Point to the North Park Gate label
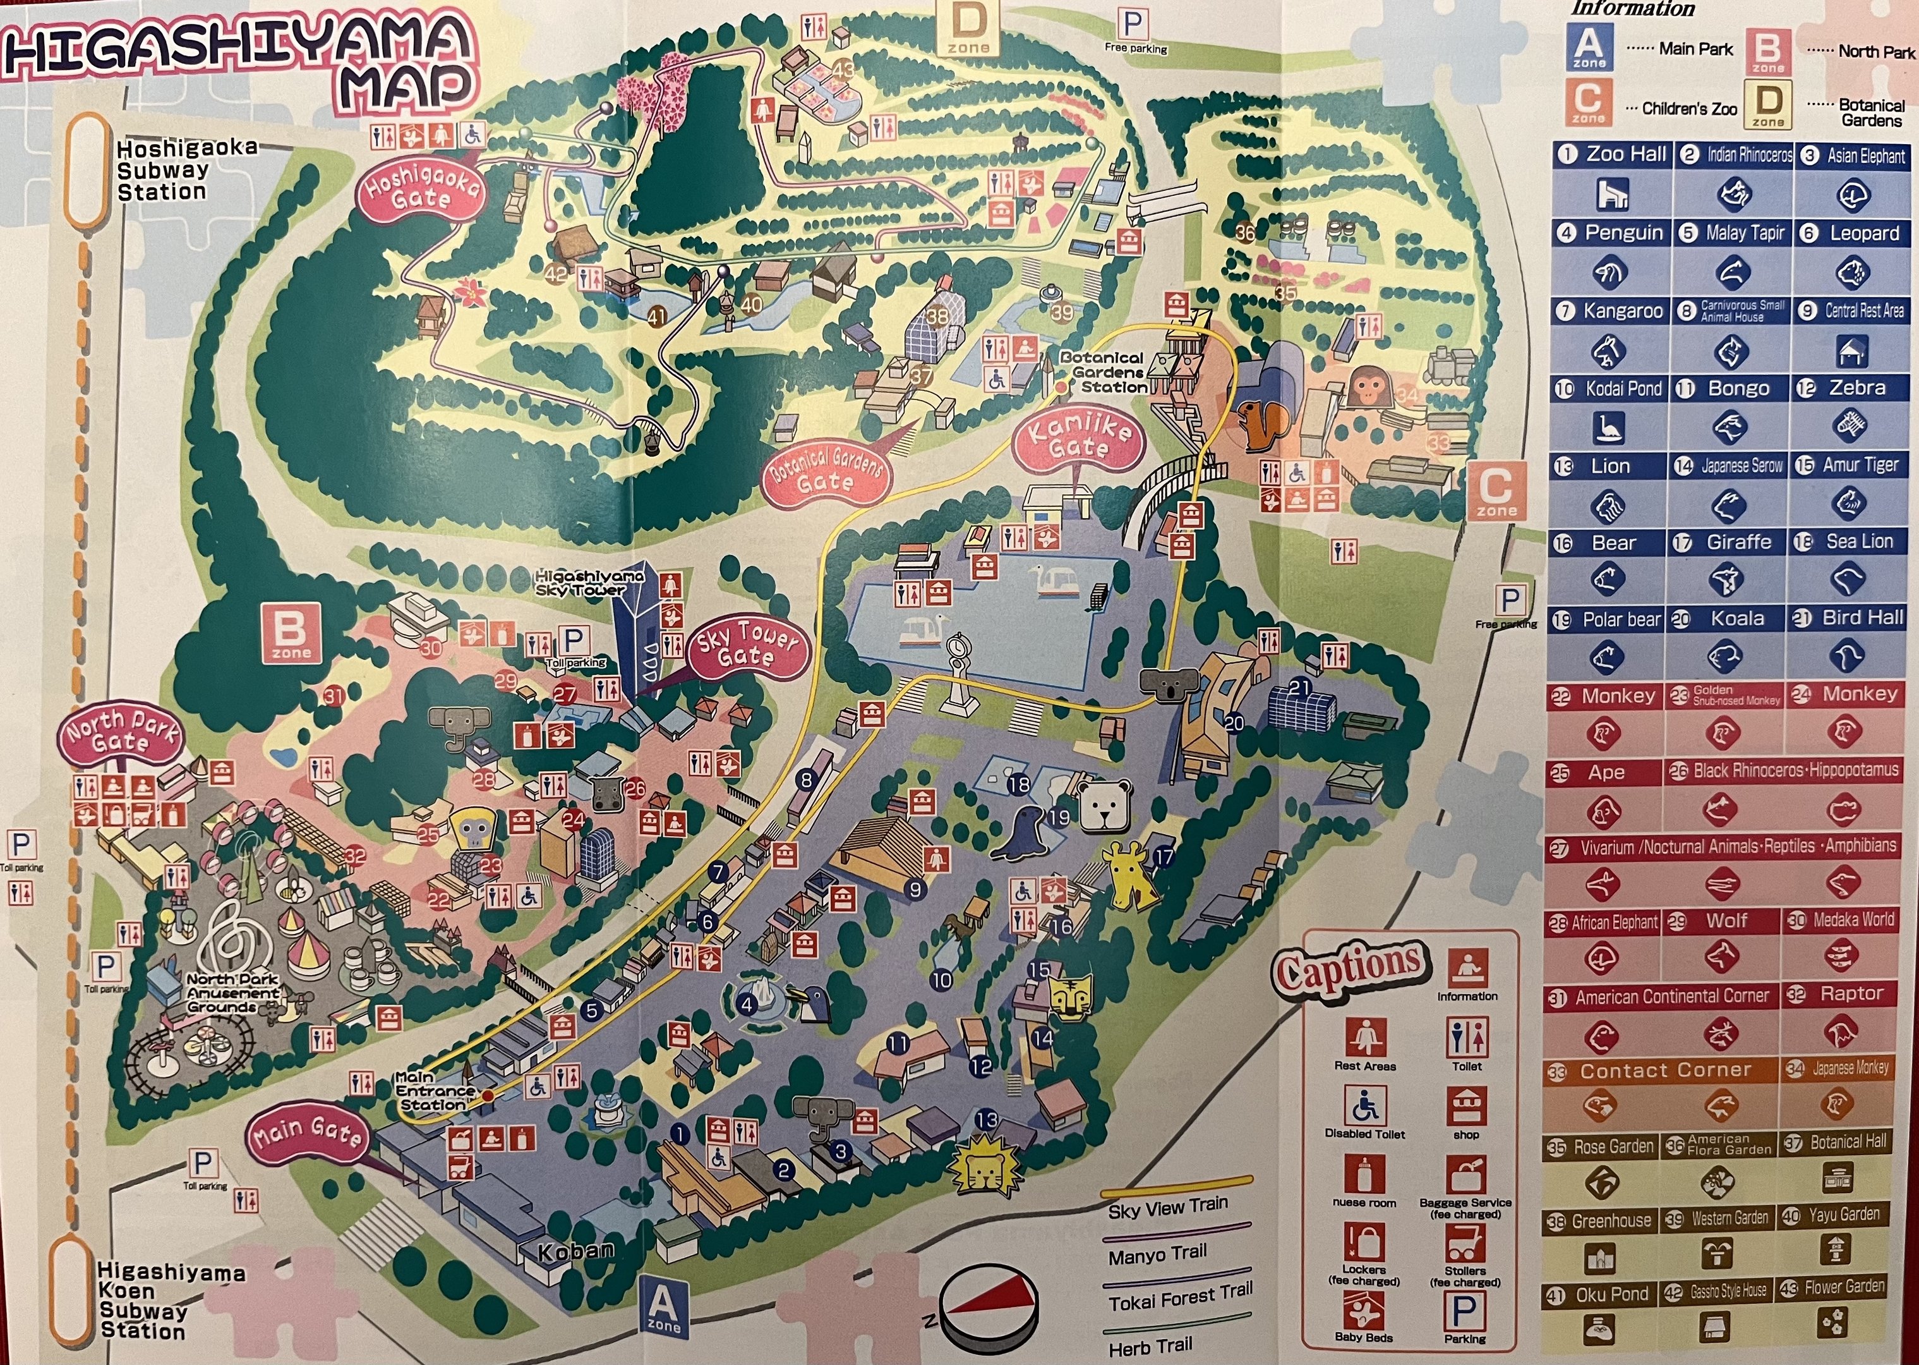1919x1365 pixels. tap(122, 733)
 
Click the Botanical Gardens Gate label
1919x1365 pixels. tap(826, 471)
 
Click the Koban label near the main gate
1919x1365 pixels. tap(575, 1251)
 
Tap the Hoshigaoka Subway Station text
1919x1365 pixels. tap(185, 171)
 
